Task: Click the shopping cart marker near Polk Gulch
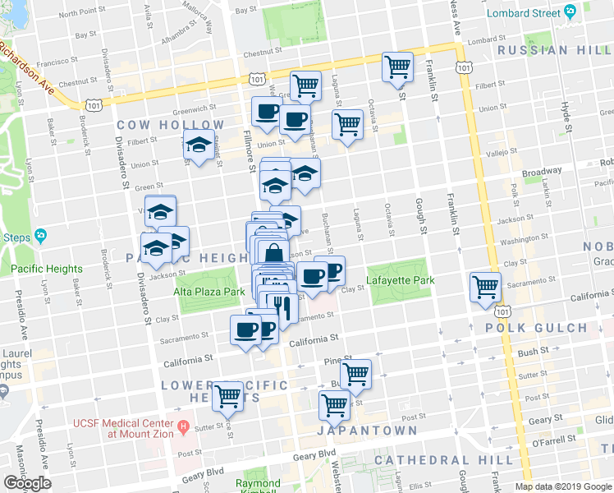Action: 486,287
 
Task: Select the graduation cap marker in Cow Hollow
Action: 198,145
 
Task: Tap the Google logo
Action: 27,483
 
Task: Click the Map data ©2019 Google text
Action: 563,486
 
